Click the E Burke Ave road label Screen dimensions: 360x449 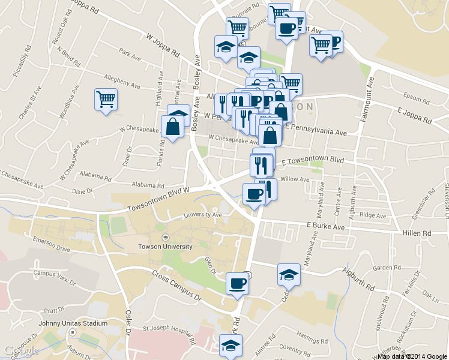coord(325,227)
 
